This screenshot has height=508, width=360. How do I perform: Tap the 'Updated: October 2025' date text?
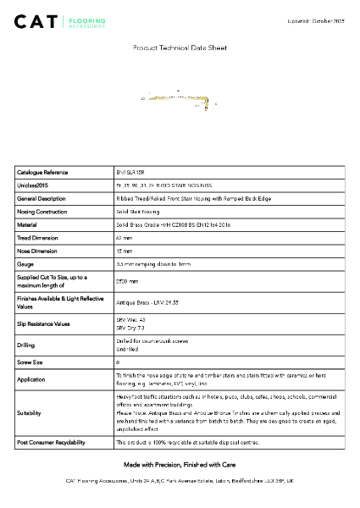[x=317, y=19]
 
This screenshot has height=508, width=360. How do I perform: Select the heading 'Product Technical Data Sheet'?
[x=180, y=48]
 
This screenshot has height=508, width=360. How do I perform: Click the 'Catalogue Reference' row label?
[x=42, y=172]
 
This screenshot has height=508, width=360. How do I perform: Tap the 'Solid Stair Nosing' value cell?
[x=137, y=212]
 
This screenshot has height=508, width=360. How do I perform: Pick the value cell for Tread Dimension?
[x=124, y=238]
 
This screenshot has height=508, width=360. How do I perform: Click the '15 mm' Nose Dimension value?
[x=124, y=251]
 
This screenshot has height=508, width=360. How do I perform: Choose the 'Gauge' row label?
[x=25, y=264]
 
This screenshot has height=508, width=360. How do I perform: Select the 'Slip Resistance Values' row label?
[x=46, y=323]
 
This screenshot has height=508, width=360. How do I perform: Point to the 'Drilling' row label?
[x=26, y=345]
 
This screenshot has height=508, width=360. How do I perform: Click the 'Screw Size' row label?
[x=31, y=362]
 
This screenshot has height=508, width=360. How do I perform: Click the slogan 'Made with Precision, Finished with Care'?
[x=180, y=466]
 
